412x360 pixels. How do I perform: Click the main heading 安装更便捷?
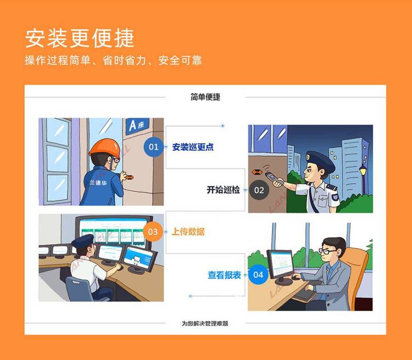coord(80,38)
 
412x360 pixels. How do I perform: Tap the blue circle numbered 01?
coord(153,147)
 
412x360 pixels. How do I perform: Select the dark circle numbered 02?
coord(259,190)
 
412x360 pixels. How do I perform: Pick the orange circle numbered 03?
coord(153,232)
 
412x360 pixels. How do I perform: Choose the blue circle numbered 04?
coord(258,274)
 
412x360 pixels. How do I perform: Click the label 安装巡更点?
coord(193,147)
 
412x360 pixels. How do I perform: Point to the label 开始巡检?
coord(223,189)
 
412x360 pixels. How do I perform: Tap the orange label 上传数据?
coord(188,232)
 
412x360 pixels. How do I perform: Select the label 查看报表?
coord(224,275)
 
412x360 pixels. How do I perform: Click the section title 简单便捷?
coord(205,97)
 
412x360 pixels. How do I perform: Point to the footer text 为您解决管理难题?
coord(205,323)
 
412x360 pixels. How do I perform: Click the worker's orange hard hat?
coord(104,148)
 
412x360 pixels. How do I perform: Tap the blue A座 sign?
coord(137,126)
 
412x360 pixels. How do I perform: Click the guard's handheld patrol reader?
coord(275,178)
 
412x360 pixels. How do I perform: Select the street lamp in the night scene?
coord(363,178)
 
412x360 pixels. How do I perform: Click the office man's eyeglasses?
coord(327,251)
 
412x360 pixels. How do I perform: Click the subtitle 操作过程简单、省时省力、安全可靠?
coord(113,60)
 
